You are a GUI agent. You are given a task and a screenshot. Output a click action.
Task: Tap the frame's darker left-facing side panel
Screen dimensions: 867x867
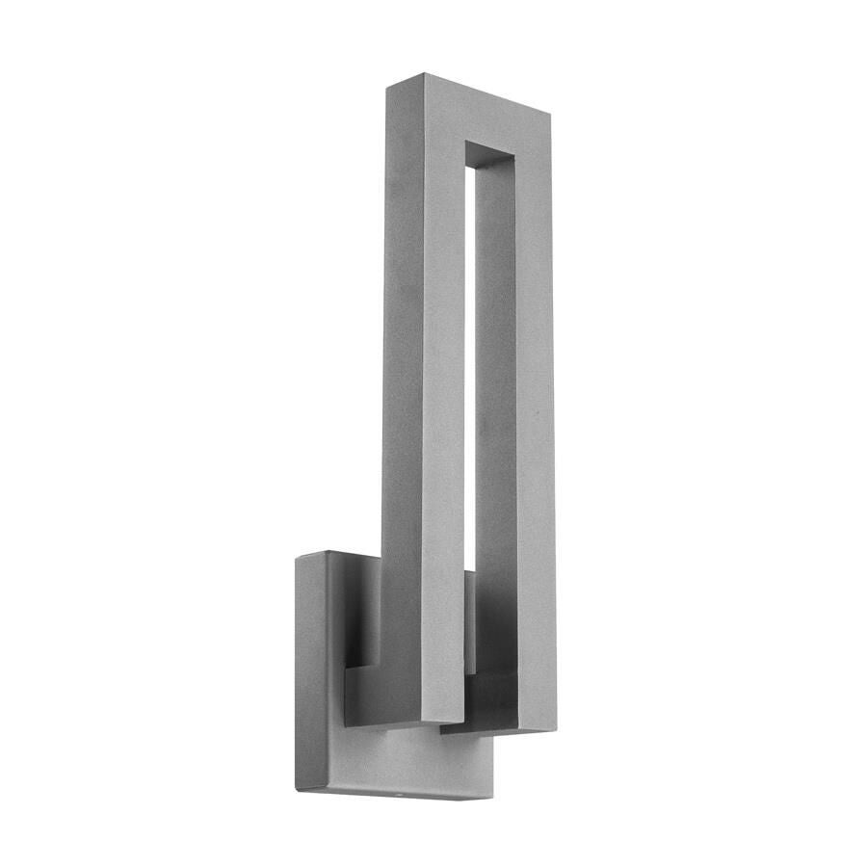(x=398, y=385)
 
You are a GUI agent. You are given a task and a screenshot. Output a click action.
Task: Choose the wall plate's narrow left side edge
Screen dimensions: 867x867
(x=310, y=674)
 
